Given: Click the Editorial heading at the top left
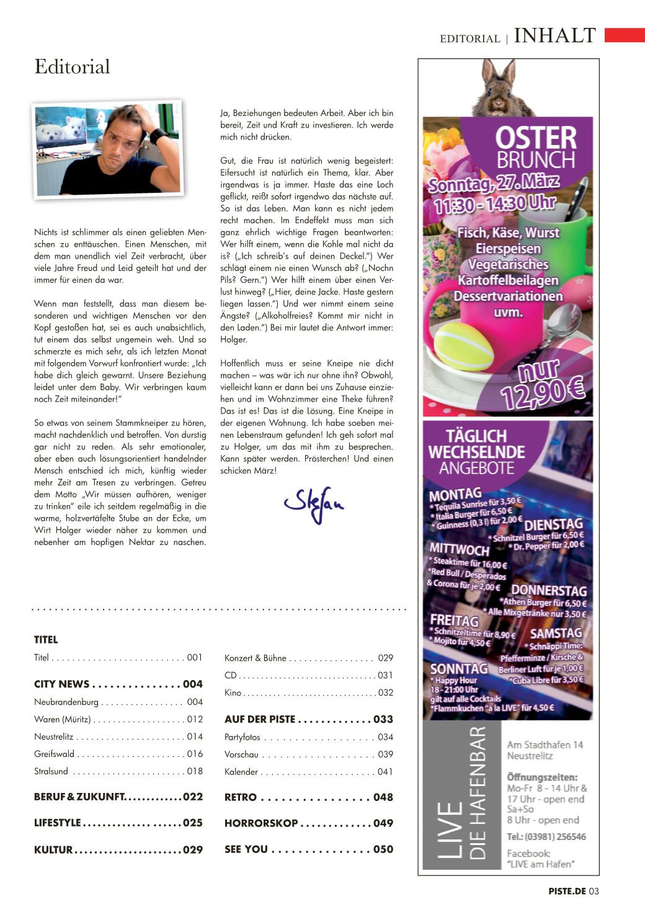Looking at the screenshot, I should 72,67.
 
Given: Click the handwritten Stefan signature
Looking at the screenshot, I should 314,503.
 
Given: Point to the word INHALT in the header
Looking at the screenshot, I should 555,36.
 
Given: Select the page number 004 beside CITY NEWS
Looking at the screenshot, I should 193,684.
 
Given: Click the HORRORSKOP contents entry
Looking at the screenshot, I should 261,823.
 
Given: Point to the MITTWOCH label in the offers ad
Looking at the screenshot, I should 460,549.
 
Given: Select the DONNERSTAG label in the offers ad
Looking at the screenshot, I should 548,590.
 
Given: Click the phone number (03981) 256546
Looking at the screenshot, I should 546,836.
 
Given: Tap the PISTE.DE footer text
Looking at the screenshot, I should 567,892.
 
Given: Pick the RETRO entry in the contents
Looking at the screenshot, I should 241,797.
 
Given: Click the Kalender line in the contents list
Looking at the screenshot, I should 241,772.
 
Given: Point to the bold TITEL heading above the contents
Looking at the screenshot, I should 46,640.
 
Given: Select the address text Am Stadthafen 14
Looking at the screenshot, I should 545,745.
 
